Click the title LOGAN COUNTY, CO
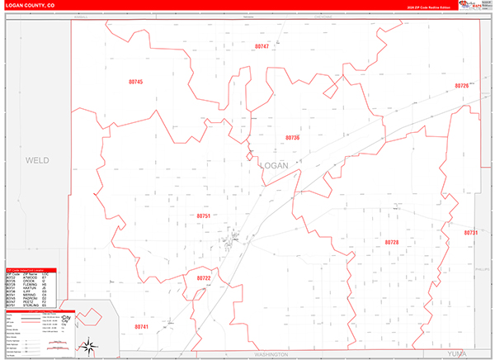click(32, 6)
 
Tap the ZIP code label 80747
click(262, 46)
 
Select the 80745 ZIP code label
click(136, 82)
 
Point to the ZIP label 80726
click(461, 86)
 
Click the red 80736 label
click(292, 137)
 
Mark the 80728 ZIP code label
click(392, 242)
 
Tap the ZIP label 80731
click(471, 233)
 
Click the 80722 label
click(204, 278)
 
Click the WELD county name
click(37, 160)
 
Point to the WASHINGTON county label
click(271, 353)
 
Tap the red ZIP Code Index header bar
click(31, 269)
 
